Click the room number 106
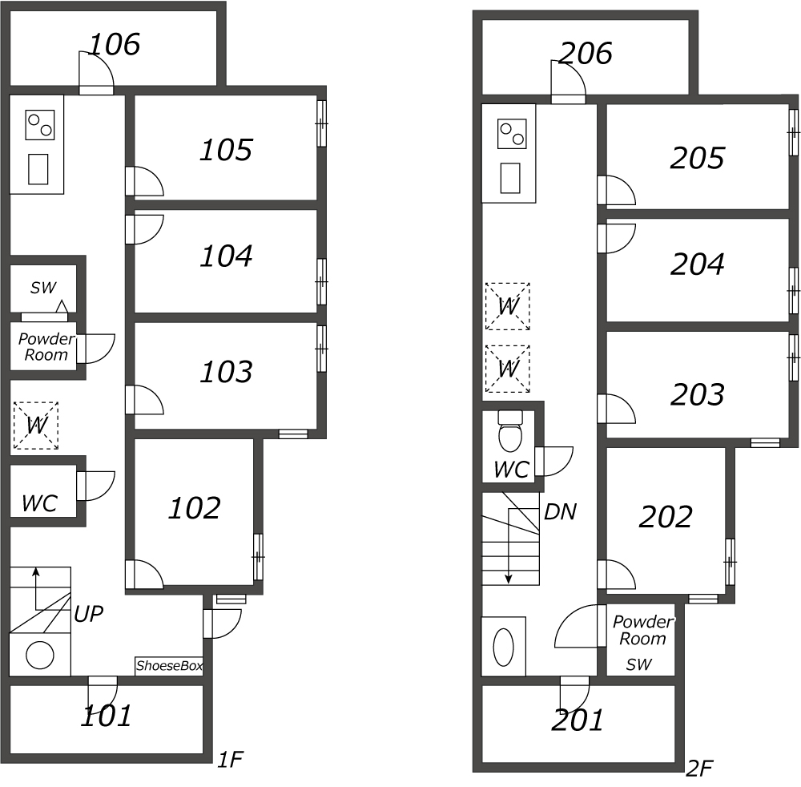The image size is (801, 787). click(x=114, y=45)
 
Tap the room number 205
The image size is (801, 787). click(x=697, y=159)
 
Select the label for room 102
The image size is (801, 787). click(x=194, y=508)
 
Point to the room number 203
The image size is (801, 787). click(x=697, y=395)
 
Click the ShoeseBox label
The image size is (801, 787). click(x=169, y=666)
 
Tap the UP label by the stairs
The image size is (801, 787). click(x=88, y=615)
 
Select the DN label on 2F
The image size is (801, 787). click(x=560, y=512)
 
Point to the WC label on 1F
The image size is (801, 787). click(x=39, y=503)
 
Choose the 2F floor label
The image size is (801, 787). click(x=699, y=769)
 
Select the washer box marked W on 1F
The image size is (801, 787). click(x=35, y=426)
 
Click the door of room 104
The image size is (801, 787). click(x=145, y=229)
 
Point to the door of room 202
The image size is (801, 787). click(x=616, y=575)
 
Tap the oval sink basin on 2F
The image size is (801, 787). click(x=503, y=647)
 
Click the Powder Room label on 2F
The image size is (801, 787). click(x=642, y=631)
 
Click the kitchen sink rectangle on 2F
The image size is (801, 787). click(x=510, y=178)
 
